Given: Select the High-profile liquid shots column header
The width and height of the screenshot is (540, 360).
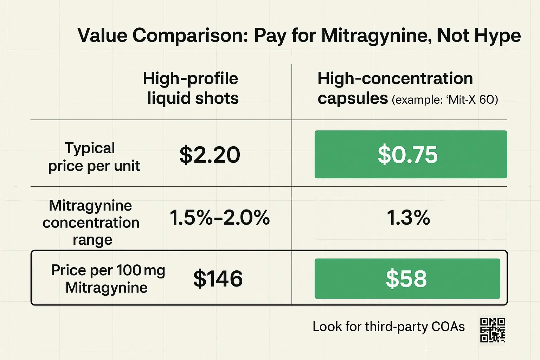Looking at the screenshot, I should point(191,88).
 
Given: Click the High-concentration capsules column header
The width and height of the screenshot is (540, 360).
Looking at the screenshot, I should point(395,88).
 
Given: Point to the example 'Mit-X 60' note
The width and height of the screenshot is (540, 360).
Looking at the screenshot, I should point(445,100).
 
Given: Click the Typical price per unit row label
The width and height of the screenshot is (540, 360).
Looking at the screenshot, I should point(94,157).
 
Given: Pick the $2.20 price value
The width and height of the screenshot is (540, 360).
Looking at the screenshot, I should point(210,155).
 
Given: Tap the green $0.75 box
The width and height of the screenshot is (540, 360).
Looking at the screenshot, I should point(410,154).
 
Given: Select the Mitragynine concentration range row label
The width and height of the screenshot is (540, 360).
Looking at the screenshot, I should point(91,222).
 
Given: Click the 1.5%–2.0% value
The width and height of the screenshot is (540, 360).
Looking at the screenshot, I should point(220,217).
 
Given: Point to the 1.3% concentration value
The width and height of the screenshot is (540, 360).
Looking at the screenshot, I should point(408,217).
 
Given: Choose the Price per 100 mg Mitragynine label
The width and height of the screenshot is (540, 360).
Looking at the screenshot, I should point(107,279).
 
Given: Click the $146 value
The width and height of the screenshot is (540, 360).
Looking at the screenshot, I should point(218,279).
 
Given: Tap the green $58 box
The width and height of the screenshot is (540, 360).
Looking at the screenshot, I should point(407,279).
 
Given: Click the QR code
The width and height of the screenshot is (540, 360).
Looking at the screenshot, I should point(493,330).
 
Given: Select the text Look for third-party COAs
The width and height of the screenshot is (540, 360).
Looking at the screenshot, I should point(388,327).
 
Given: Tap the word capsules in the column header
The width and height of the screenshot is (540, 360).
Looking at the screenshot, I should point(353,98).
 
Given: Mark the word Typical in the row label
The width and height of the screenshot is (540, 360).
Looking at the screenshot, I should point(90,148).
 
